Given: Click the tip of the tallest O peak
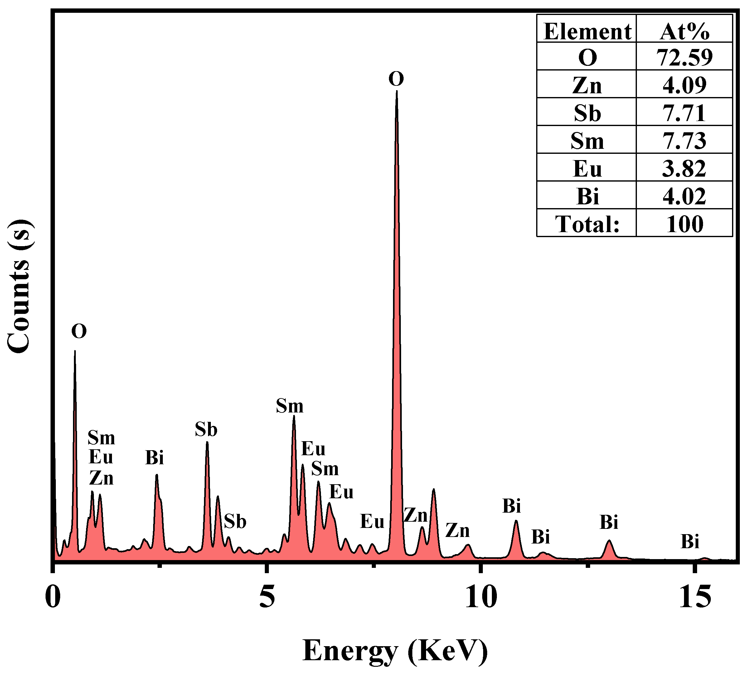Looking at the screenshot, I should tap(397, 91).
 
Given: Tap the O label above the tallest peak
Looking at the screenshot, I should tap(396, 79).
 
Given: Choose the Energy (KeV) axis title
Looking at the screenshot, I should tap(395, 651).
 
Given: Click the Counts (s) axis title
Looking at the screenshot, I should tap(19, 287).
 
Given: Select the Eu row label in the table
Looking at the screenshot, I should tap(587, 168).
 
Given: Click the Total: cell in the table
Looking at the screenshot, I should tap(587, 224).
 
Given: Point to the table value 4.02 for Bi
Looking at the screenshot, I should tap(684, 196).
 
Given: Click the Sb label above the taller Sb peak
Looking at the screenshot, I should tap(206, 430).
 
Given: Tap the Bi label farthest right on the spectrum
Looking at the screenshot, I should tap(690, 542).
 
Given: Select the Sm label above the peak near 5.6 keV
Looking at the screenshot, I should tap(289, 406).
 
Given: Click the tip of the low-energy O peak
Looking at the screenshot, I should tap(75, 351).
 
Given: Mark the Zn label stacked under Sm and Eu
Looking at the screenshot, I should tap(101, 478).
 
